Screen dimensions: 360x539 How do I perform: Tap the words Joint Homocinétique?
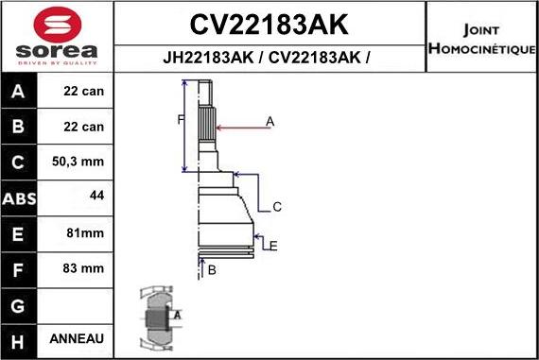pos(482,35)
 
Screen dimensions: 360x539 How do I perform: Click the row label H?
pos(20,339)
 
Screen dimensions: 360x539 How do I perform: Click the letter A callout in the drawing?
pos(269,121)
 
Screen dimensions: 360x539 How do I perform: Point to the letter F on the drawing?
pos(180,119)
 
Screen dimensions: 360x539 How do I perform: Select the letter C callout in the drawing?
pos(277,206)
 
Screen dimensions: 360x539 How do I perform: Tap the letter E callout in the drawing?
pos(272,246)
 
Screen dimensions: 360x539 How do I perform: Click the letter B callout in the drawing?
pos(212,271)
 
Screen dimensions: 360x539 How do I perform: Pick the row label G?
pos(20,304)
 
